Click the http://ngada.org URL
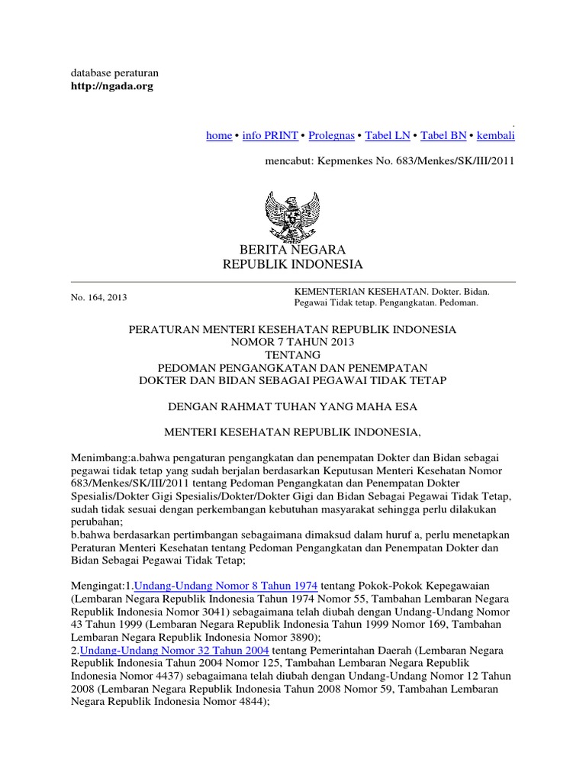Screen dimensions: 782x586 pyautogui.click(x=112, y=86)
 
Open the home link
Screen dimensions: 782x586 pyautogui.click(x=219, y=135)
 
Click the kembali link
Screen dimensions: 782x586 pyautogui.click(x=496, y=135)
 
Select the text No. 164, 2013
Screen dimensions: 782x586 pyautogui.click(x=99, y=298)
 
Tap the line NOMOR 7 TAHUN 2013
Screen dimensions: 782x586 pyautogui.click(x=293, y=342)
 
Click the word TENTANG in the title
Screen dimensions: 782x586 pyautogui.click(x=293, y=355)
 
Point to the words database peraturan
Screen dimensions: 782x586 pyautogui.click(x=114, y=73)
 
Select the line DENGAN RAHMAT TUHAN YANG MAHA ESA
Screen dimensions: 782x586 pyautogui.click(x=293, y=407)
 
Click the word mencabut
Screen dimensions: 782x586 pyautogui.click(x=288, y=162)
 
